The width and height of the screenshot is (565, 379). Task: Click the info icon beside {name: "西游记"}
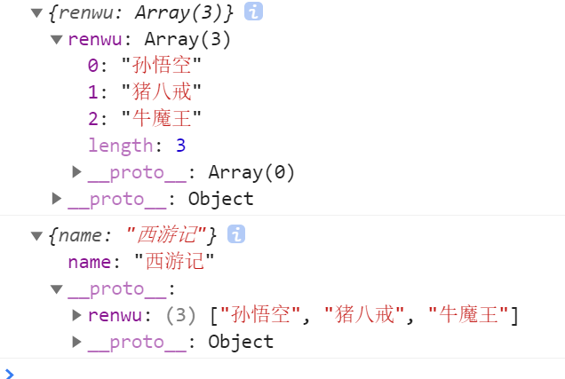click(x=235, y=234)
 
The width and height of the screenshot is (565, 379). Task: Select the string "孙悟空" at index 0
click(x=162, y=66)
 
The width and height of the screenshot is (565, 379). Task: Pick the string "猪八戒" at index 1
click(x=162, y=92)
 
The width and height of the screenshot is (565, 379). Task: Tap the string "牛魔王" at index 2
click(x=162, y=119)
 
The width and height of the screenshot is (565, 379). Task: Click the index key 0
click(x=93, y=66)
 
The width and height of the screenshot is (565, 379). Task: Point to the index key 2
click(x=93, y=119)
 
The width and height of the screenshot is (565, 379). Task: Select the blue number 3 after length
click(x=180, y=146)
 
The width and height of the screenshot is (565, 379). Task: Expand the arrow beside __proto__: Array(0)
click(x=77, y=171)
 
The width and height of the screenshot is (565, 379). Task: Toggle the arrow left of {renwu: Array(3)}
click(x=36, y=13)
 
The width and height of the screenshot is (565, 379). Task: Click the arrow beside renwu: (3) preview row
click(x=77, y=315)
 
